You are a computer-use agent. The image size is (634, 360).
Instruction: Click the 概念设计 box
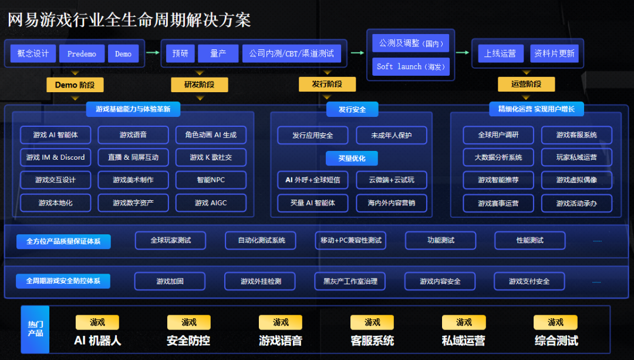tap(33, 53)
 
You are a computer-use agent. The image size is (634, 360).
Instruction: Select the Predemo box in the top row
tap(82, 53)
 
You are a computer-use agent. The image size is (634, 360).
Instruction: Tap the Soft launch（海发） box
tap(411, 66)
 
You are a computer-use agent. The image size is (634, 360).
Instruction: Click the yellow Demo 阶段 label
tap(75, 85)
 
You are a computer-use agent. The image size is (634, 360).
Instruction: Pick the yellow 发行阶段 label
tap(327, 85)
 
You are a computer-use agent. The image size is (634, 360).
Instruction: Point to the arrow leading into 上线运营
tap(463, 53)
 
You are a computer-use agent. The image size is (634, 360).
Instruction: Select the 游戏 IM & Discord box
tap(55, 157)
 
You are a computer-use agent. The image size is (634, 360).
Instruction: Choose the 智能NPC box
tap(211, 180)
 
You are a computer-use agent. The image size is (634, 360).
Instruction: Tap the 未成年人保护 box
tap(392, 135)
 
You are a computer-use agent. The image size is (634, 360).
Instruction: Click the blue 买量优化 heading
tap(352, 158)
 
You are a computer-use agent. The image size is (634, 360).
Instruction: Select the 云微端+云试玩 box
tap(392, 180)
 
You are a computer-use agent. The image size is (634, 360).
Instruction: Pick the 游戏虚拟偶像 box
tap(576, 180)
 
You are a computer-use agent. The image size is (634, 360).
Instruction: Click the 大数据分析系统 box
tap(498, 157)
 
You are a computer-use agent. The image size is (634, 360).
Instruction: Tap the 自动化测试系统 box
tap(261, 240)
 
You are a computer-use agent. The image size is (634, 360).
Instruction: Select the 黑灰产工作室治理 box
tap(350, 281)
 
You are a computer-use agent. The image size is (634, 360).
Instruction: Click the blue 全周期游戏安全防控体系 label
tap(63, 281)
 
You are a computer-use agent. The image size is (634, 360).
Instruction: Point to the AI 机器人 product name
tap(97, 341)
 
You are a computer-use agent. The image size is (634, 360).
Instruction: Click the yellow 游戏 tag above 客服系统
tap(372, 322)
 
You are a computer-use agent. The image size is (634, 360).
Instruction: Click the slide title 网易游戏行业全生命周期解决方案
tap(129, 20)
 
